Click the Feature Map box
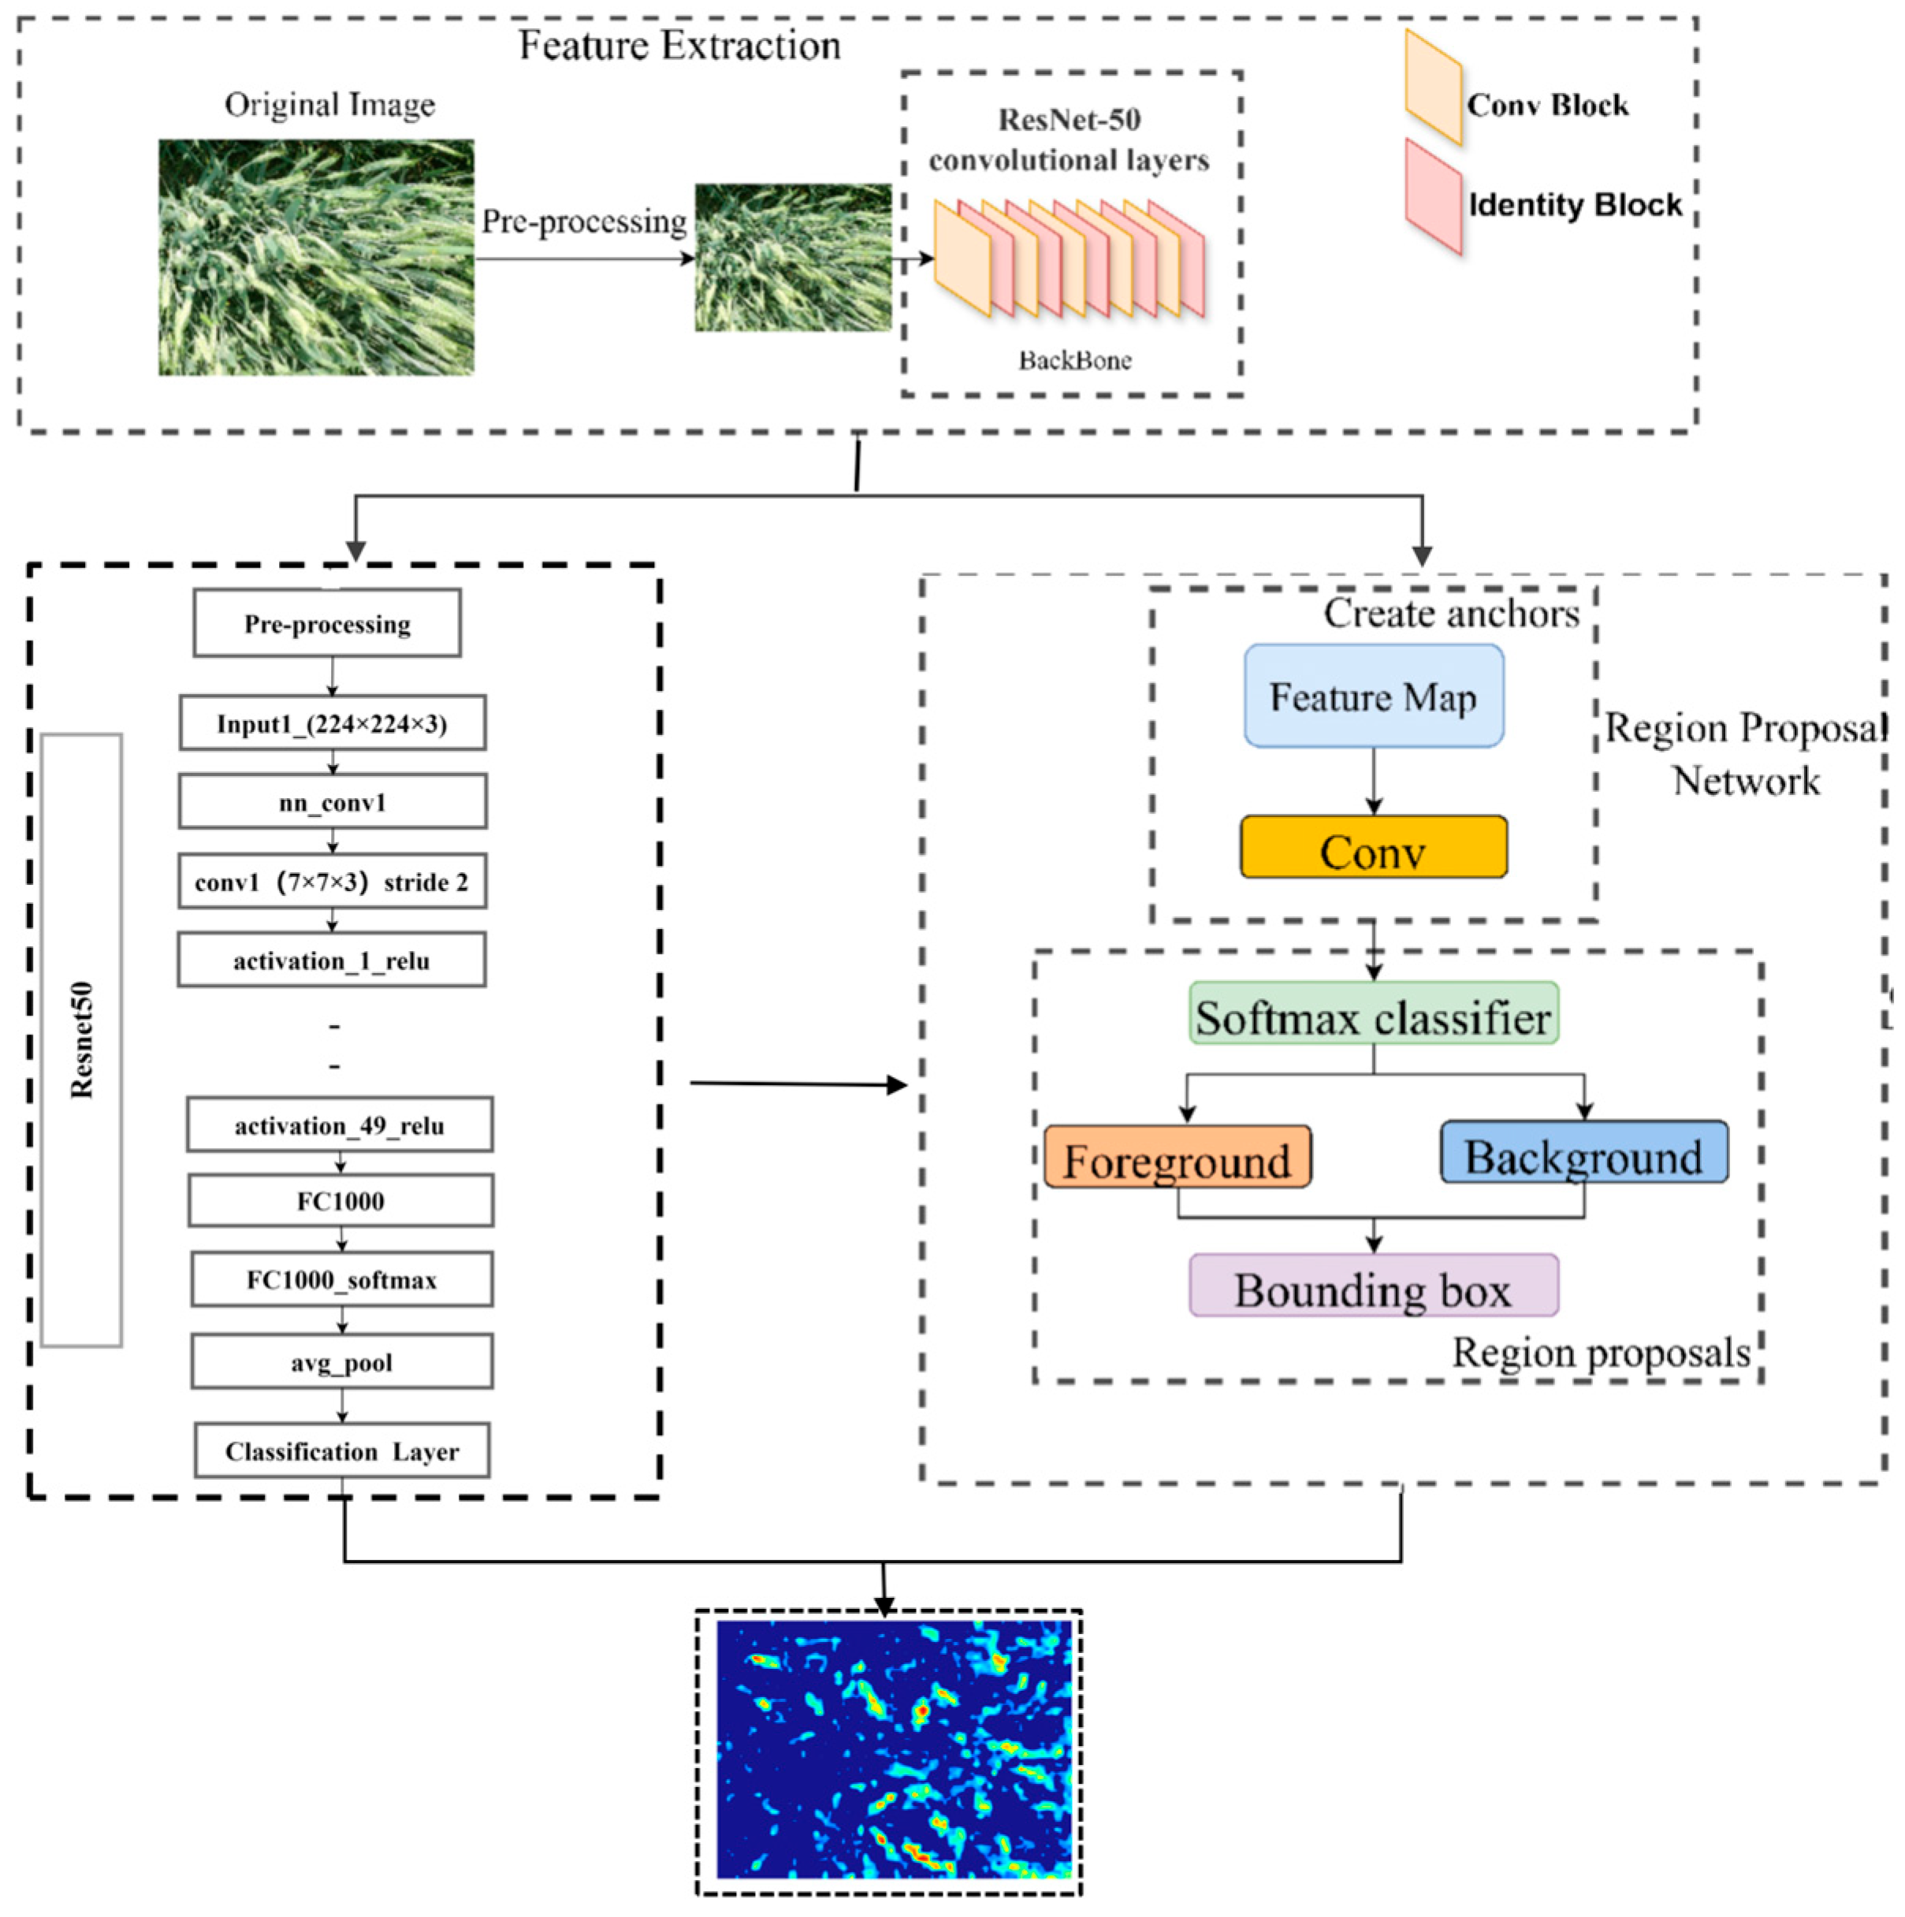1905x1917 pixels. click(1373, 696)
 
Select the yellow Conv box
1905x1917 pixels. click(1373, 847)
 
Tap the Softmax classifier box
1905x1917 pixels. click(1373, 1013)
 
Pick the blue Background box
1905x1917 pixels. click(1583, 1152)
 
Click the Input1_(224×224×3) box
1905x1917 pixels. click(333, 723)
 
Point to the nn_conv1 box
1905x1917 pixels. click(333, 802)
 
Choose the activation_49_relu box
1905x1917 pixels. click(340, 1124)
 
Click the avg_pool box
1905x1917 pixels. click(341, 1362)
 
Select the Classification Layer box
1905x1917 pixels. click(341, 1451)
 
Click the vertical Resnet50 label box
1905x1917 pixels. click(81, 1040)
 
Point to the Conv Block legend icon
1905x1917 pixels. click(1432, 87)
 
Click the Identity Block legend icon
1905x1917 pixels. click(1432, 195)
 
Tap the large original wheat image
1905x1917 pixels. click(316, 257)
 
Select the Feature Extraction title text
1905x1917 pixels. click(679, 46)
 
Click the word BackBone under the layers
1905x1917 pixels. click(1074, 360)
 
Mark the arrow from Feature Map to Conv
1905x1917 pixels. click(1373, 781)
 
